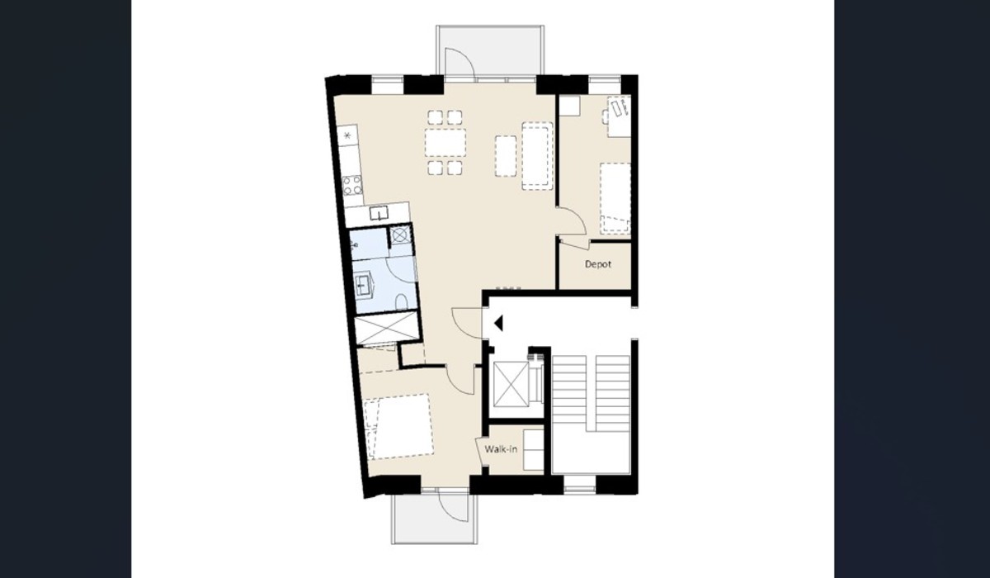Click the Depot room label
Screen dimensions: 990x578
(x=598, y=264)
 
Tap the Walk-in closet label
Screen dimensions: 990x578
(x=501, y=449)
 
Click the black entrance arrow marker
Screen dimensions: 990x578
(x=498, y=324)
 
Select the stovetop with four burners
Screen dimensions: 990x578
(x=352, y=185)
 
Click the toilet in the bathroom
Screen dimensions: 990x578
(x=401, y=302)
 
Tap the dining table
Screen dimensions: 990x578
(x=445, y=142)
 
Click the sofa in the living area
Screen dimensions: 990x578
(x=537, y=156)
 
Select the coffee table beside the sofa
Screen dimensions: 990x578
(x=506, y=156)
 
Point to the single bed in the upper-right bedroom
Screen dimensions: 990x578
(x=615, y=198)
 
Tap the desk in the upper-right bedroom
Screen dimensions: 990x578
(x=620, y=116)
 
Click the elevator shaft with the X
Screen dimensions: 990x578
(x=511, y=383)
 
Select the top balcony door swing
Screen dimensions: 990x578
(x=460, y=64)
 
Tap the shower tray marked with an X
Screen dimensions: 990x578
(x=387, y=328)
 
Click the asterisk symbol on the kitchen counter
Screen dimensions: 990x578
(x=347, y=135)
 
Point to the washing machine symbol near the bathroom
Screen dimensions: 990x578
(x=400, y=235)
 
